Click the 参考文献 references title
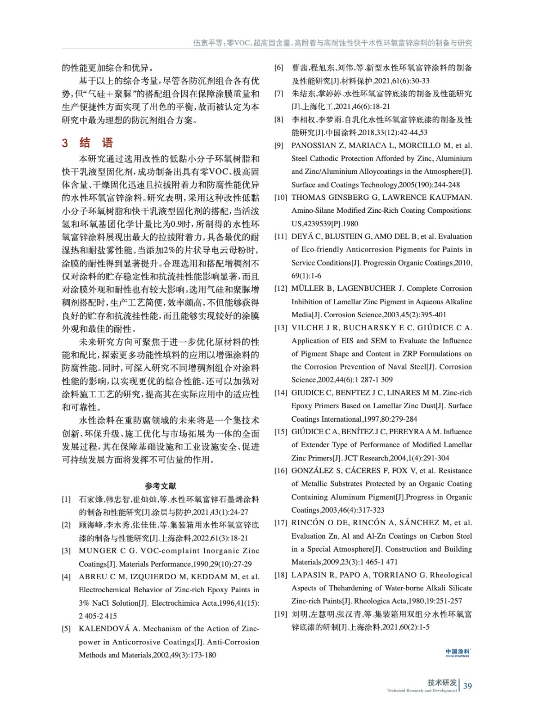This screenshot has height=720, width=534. [161, 486]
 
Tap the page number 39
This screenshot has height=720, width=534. [467, 686]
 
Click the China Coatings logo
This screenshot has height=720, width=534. [458, 652]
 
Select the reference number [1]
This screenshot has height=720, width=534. [66, 499]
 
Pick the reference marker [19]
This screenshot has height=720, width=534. [281, 614]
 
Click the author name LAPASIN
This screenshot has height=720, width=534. [308, 575]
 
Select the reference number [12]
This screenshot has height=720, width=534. [281, 288]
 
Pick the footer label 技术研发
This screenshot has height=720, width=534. [442, 682]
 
